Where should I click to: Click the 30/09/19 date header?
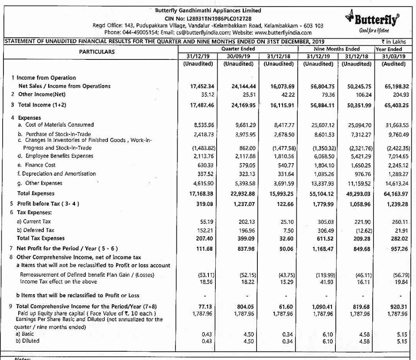coord(239,56)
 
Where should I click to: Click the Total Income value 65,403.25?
coord(393,105)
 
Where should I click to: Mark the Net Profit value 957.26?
coord(395,249)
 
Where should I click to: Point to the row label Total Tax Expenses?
coord(40,238)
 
